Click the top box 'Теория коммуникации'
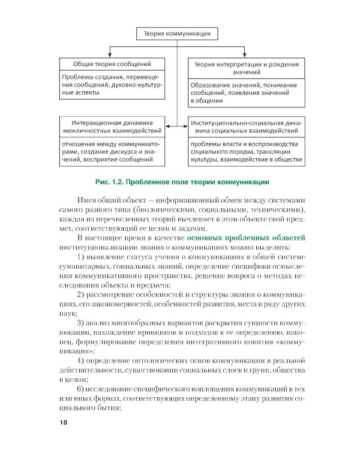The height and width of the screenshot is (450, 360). (x=176, y=34)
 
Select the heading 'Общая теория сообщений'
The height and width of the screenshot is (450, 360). (x=111, y=63)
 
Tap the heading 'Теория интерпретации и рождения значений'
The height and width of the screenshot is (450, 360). (x=245, y=67)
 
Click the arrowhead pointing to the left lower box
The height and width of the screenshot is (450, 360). (x=168, y=126)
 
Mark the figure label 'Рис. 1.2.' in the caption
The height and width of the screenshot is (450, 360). (x=111, y=182)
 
